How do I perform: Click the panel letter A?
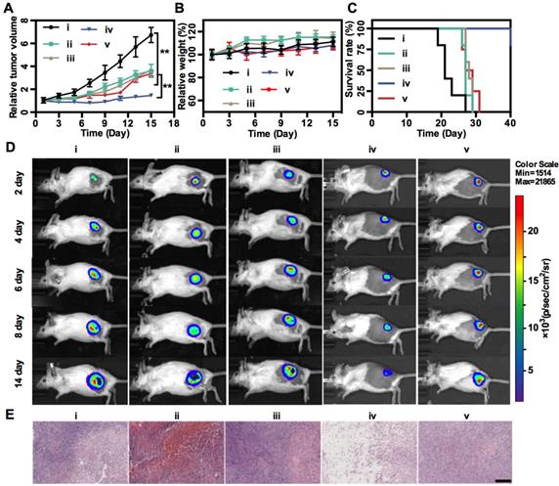pos(10,9)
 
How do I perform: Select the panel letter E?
pos(10,415)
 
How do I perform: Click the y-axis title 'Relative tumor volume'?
pos(13,59)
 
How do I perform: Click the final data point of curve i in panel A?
pos(150,34)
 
